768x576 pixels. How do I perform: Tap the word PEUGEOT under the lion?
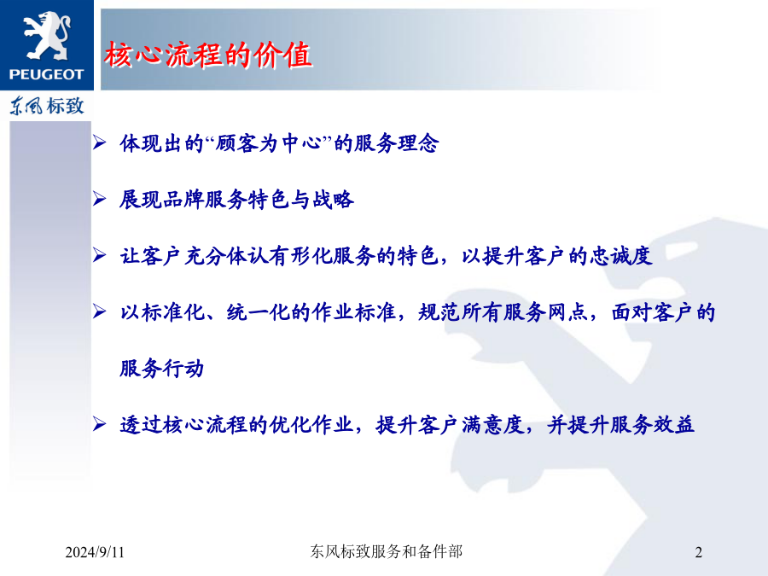pyautogui.click(x=47, y=74)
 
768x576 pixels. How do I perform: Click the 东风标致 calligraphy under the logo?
pyautogui.click(x=47, y=106)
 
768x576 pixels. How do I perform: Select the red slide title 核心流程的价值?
pyautogui.click(x=207, y=55)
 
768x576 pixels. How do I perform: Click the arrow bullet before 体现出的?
pyautogui.click(x=100, y=143)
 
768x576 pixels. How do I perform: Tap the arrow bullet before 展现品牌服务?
pyautogui.click(x=100, y=199)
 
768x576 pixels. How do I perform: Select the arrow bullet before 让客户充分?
pyautogui.click(x=100, y=255)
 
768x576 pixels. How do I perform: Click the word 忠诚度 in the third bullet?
pyautogui.click(x=620, y=256)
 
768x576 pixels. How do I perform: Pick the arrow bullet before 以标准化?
pyautogui.click(x=100, y=311)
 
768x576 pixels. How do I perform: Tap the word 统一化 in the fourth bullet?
pyautogui.click(x=258, y=312)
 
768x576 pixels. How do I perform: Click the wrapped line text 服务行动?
pyautogui.click(x=161, y=369)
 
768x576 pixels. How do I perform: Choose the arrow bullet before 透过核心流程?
pyautogui.click(x=100, y=424)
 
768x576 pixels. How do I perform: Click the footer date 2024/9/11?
pyautogui.click(x=95, y=552)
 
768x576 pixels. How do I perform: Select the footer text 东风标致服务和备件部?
pyautogui.click(x=386, y=551)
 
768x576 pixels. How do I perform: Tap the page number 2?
pyautogui.click(x=698, y=552)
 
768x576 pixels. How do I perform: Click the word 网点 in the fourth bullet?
pyautogui.click(x=567, y=312)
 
